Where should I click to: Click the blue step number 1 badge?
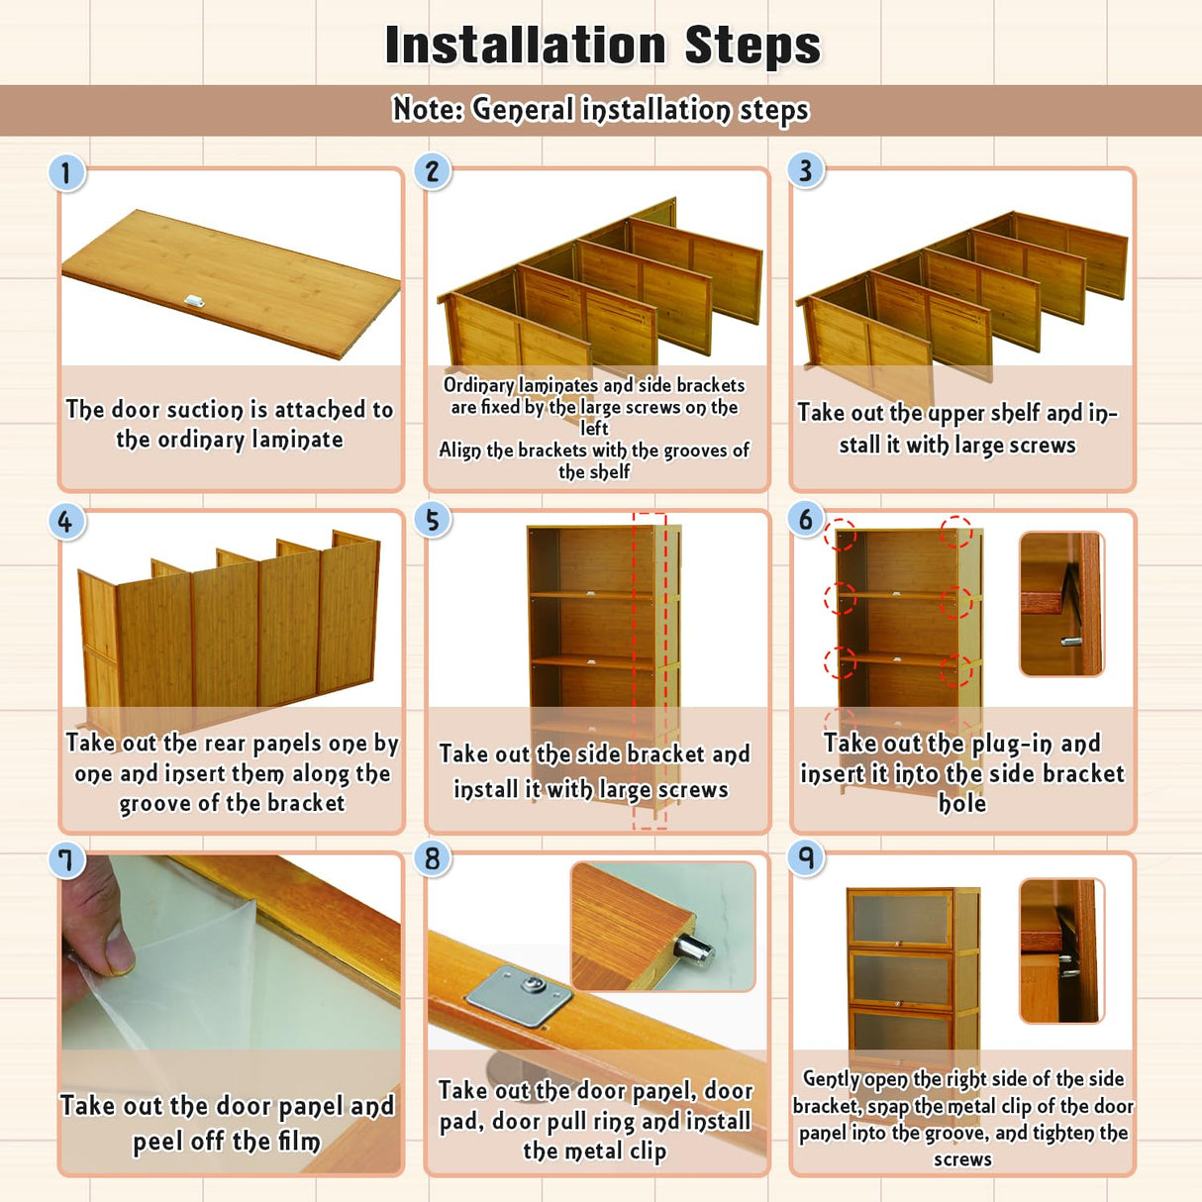point(66,173)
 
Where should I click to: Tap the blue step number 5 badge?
point(433,520)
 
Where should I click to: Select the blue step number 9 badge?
point(806,859)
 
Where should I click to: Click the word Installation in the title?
point(525,45)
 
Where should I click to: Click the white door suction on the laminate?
point(195,302)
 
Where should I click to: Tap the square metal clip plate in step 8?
point(519,995)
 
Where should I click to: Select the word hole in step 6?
point(961,803)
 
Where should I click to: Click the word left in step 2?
point(594,428)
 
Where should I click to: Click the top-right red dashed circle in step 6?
point(956,532)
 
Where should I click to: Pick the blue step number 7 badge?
point(66,860)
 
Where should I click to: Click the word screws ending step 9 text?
point(961,1159)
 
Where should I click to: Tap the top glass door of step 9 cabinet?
point(901,920)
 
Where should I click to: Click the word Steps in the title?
point(752,45)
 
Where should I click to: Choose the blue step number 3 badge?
point(806,170)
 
